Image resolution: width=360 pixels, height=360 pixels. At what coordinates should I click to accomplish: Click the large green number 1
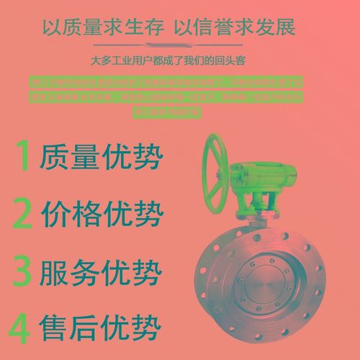(x=24, y=156)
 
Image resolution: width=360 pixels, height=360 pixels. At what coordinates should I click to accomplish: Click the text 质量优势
(x=102, y=158)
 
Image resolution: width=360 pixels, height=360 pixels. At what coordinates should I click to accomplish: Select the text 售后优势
(x=102, y=329)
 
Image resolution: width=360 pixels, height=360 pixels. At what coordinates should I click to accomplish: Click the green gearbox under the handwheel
(x=270, y=184)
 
